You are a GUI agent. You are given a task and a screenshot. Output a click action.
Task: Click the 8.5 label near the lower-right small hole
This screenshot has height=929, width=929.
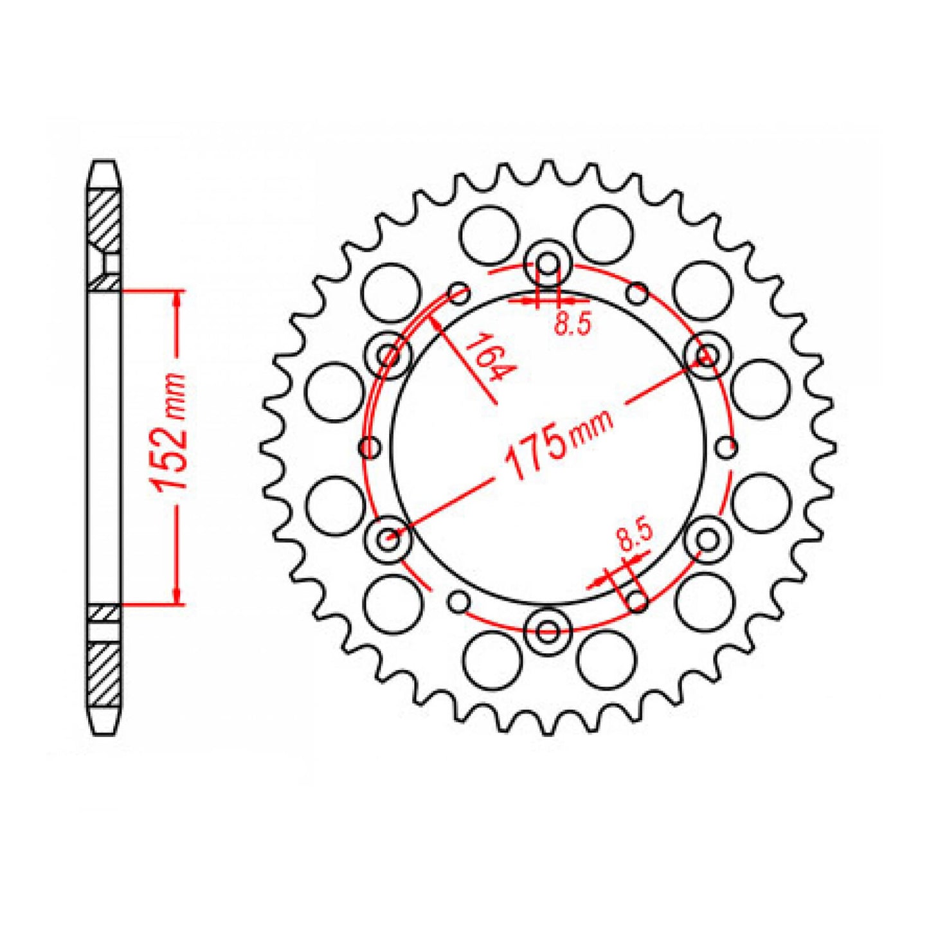click(x=634, y=537)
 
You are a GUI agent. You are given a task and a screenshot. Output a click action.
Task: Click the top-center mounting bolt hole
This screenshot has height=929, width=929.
click(x=548, y=263)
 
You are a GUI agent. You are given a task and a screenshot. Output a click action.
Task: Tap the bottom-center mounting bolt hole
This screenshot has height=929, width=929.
click(x=548, y=630)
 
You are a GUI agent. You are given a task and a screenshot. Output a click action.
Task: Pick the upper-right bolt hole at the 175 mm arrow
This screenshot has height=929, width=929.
click(x=707, y=355)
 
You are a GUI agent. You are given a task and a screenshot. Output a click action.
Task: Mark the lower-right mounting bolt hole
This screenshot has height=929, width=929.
click(x=707, y=539)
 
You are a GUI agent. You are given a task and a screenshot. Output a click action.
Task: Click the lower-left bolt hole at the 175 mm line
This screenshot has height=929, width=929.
click(x=388, y=539)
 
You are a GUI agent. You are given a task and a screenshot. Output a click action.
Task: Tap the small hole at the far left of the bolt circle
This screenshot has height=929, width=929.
click(x=369, y=447)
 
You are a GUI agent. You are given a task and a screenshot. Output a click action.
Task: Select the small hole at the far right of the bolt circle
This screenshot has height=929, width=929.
click(x=726, y=447)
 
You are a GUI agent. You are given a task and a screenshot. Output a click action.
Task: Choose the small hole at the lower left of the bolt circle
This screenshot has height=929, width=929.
click(x=458, y=601)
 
